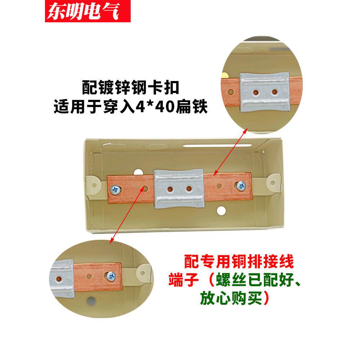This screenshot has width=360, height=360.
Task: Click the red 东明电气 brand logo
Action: coord(88,11)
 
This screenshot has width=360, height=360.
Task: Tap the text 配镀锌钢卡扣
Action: coord(131,87)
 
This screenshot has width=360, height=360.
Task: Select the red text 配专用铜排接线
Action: coord(239,261)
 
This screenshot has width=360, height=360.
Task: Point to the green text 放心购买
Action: coord(231,298)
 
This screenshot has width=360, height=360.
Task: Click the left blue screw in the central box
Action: coord(115,190)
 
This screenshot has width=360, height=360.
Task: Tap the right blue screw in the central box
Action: coord(241,185)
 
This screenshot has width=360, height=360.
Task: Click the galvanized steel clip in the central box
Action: coord(179,189)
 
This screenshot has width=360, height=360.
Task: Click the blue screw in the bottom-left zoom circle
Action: coord(111,275)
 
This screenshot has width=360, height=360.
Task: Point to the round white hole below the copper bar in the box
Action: coord(221,211)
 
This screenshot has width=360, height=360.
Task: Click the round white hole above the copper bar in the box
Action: coord(139,172)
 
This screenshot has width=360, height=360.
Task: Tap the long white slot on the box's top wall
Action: coord(217,145)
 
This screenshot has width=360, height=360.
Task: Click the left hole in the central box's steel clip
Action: coord(170,189)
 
